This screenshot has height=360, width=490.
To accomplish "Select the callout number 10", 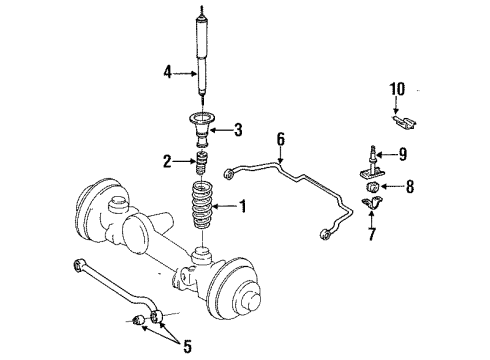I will click(397, 91).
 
